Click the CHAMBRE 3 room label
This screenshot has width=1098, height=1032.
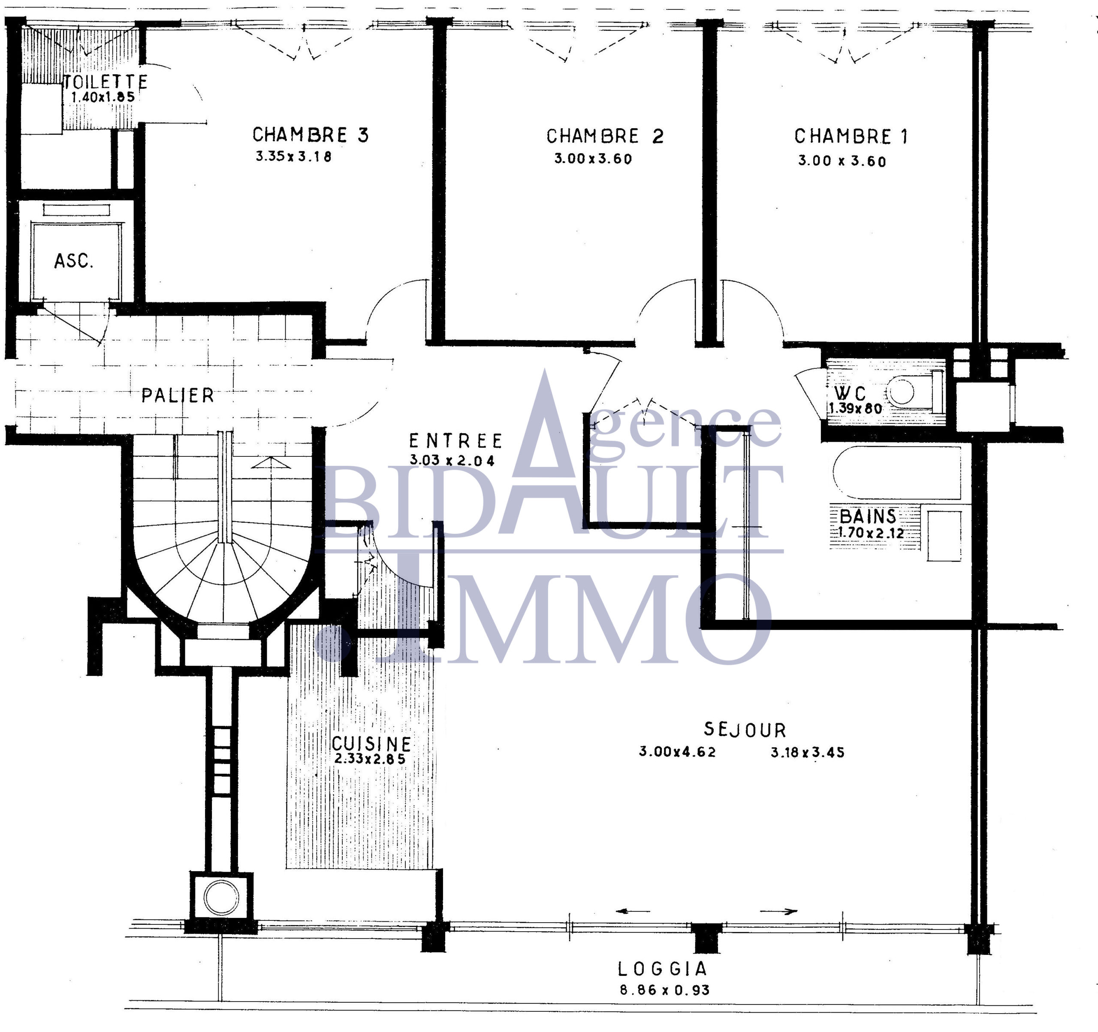311,135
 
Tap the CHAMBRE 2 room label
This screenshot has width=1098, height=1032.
605,136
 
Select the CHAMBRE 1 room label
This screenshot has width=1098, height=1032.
851,136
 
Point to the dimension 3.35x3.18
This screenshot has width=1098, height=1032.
293,157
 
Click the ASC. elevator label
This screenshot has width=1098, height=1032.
73,261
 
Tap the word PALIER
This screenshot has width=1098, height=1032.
177,395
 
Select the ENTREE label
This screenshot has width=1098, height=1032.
455,441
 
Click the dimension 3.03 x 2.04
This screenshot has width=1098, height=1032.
452,460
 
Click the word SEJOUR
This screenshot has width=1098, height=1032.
745,730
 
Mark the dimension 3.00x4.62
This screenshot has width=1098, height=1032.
677,752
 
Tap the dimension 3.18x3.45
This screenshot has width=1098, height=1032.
808,752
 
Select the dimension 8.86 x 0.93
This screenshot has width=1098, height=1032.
664,990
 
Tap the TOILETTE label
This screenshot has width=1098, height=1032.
105,82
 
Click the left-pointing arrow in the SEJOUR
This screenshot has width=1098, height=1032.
633,911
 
